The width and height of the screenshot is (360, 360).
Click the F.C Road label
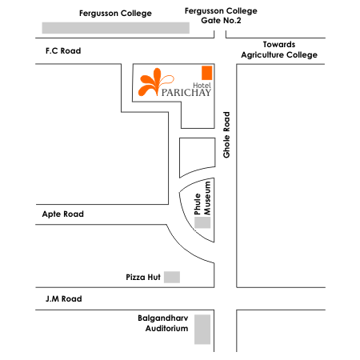pos(63,50)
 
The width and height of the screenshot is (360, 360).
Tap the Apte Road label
pos(63,214)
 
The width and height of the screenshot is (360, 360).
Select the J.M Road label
pos(64,298)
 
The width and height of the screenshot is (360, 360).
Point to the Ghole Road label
pos(226,135)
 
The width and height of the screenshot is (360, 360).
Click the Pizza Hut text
pos(143,277)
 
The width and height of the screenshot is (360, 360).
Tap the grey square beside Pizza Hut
pos(172,277)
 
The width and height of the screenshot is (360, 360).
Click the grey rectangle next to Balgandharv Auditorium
pos(202,330)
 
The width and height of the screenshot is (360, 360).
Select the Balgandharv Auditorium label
pos(163,323)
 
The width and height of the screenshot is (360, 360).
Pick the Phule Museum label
pos(202,198)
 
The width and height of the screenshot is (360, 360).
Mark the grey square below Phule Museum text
pos(202,222)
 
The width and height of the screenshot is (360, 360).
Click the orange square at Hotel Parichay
pos(207,73)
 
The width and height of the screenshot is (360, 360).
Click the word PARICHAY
pos(186,93)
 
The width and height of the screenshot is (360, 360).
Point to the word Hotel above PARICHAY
pos(202,86)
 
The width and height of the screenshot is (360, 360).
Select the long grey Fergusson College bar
pos(116,28)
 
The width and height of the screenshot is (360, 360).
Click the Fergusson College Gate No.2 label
pos(221,15)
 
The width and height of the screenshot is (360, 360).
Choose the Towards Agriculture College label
pos(279,50)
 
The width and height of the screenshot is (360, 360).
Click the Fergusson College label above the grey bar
pos(115,14)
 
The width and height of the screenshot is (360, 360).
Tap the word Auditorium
pos(166,328)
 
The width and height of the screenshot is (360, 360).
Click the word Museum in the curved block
pos(207,198)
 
